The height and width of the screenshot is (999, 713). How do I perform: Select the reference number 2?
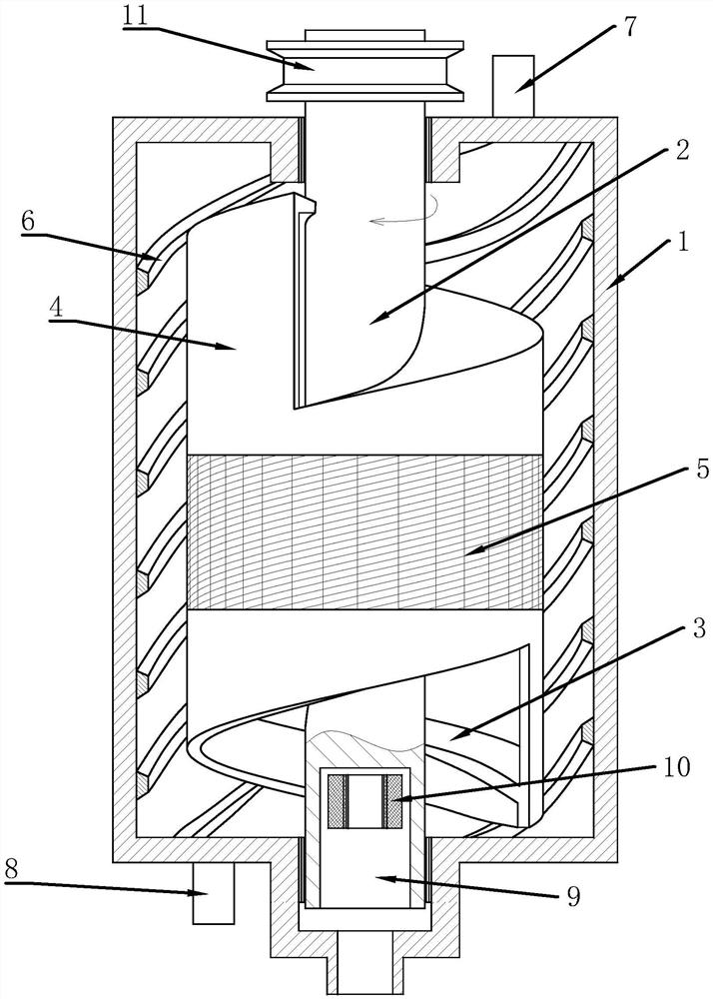point(681,150)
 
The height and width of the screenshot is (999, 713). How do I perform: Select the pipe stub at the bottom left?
point(213,893)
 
